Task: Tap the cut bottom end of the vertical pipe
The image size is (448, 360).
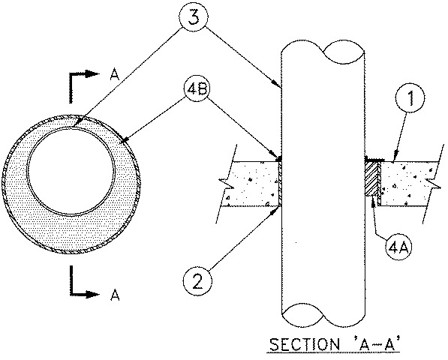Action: tap(322, 313)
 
